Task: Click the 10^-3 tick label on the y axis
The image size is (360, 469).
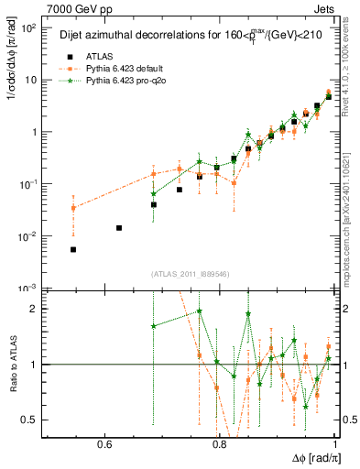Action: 27,289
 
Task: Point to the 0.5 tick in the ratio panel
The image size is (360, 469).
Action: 29,420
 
